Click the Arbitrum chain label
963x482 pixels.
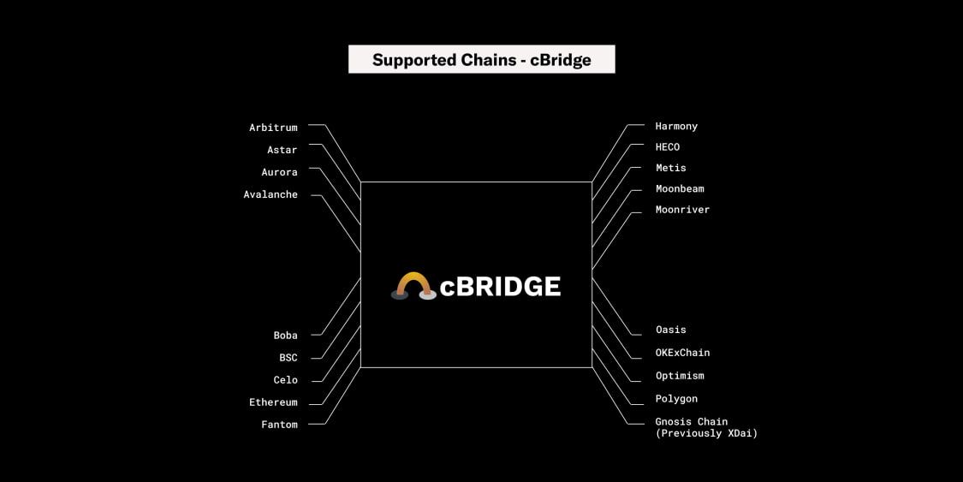tap(273, 128)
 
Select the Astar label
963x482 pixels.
tap(282, 150)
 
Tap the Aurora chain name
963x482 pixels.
tap(279, 172)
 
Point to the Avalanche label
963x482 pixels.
tap(270, 194)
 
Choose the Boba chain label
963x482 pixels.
tap(285, 336)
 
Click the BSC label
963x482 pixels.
tap(288, 358)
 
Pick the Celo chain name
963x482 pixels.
tap(285, 380)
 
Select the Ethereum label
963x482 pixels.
tap(273, 402)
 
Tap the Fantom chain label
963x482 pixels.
tap(279, 425)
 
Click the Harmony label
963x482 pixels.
tap(676, 126)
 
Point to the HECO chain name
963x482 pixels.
tap(667, 147)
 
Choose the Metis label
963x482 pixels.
tap(670, 168)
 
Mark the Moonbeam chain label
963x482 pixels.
tap(680, 188)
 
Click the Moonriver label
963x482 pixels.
tap(682, 210)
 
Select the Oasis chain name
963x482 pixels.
tap(670, 330)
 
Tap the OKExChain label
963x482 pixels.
tap(682, 353)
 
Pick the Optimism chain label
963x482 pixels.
tap(680, 376)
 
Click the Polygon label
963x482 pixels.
tap(676, 399)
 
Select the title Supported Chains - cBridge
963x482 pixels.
tap(481, 60)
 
